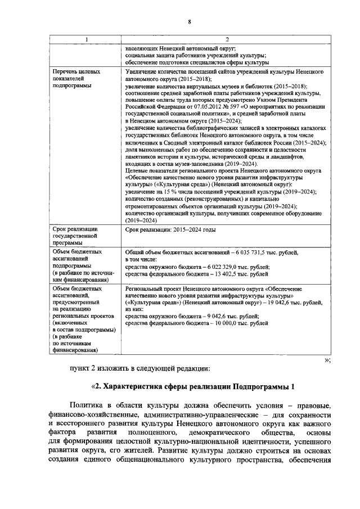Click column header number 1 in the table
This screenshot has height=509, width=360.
tap(86, 39)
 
